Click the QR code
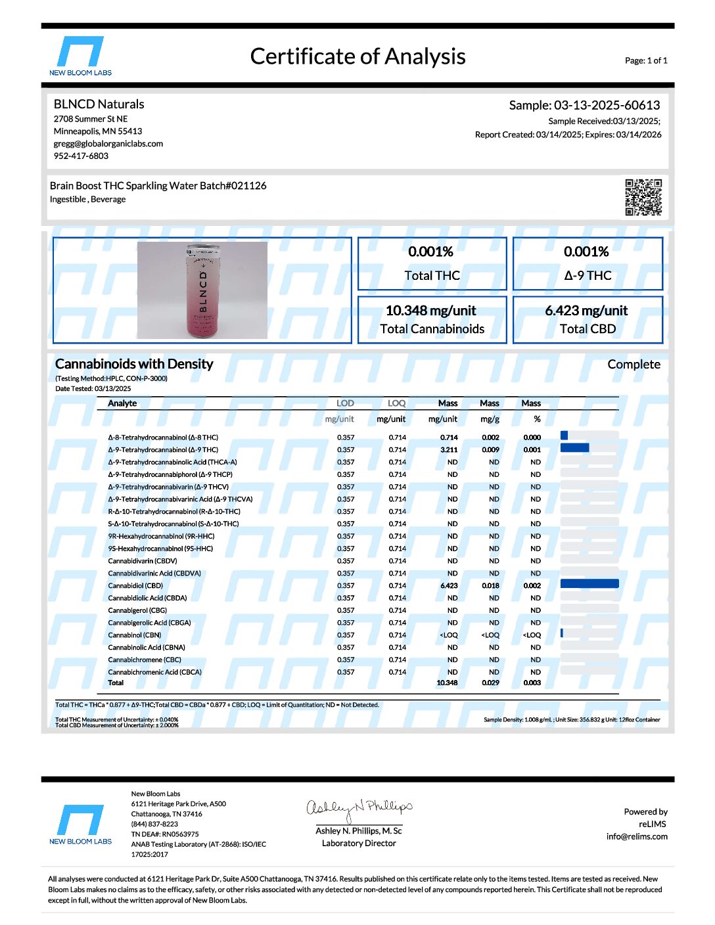[x=643, y=197]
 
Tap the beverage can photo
[x=202, y=290]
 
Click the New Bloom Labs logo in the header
[x=80, y=56]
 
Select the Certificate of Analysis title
[x=357, y=56]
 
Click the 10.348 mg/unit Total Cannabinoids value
[x=431, y=311]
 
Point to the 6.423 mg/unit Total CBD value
[x=586, y=311]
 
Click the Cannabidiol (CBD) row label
[x=135, y=586]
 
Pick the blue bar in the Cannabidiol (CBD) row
[x=589, y=584]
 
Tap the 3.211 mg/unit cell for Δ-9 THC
[x=449, y=450]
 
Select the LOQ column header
[x=396, y=403]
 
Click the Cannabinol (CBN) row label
[x=135, y=635]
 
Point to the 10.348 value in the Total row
[x=447, y=683]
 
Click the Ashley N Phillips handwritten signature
[x=359, y=809]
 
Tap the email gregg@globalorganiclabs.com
[x=108, y=144]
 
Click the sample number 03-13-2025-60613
[x=607, y=105]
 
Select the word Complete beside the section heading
[x=634, y=365]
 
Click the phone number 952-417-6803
[x=81, y=156]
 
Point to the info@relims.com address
[x=637, y=837]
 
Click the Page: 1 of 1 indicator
[x=646, y=60]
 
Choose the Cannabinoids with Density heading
[x=134, y=364]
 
